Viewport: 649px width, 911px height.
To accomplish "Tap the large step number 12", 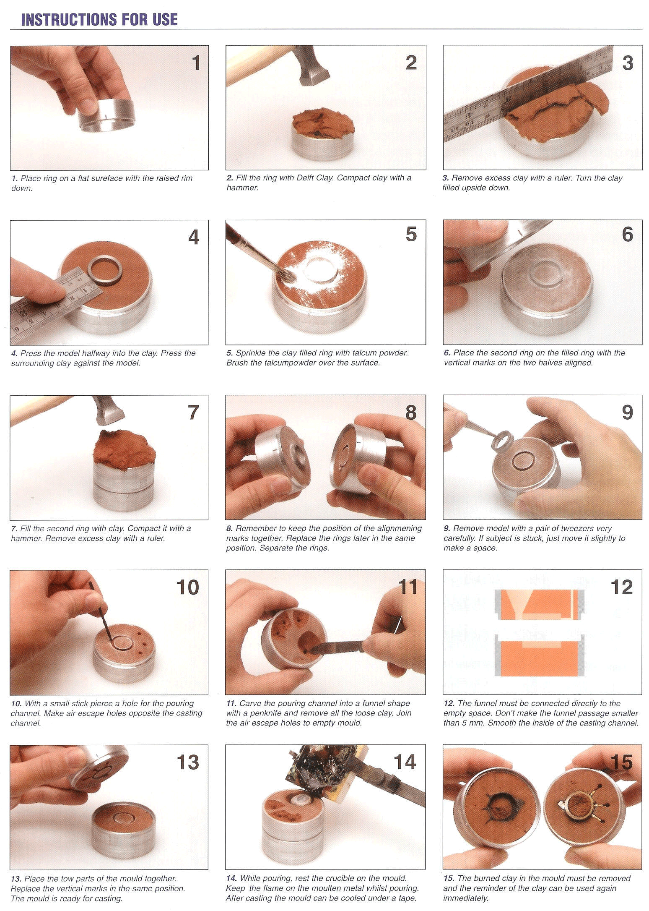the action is coord(621,587).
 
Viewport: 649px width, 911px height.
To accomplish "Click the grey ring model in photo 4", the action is coord(104,272).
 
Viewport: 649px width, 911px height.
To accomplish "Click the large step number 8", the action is coord(411,413).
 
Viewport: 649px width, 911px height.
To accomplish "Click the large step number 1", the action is coord(196,63).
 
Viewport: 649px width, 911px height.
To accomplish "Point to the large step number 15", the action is coord(621,762).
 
